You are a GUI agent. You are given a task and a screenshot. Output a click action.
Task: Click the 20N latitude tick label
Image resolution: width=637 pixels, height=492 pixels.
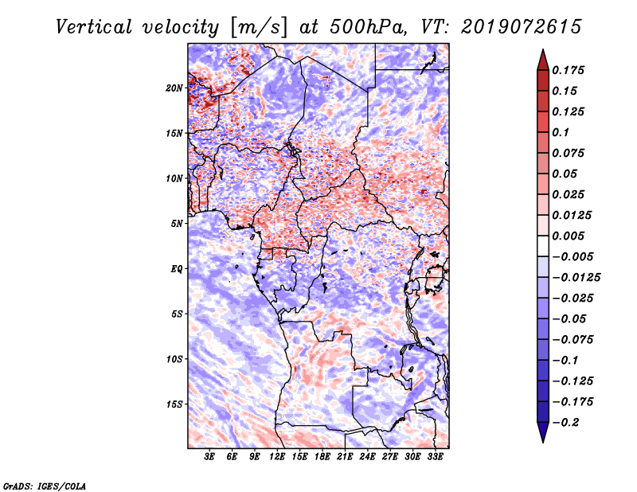pyautogui.click(x=174, y=88)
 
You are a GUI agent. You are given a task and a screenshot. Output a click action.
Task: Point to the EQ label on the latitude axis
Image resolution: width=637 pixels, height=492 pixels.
pyautogui.click(x=177, y=269)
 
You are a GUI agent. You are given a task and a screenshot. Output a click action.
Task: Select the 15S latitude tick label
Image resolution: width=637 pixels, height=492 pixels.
pyautogui.click(x=174, y=404)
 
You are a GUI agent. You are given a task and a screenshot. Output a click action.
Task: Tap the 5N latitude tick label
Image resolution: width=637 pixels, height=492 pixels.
pyautogui.click(x=177, y=224)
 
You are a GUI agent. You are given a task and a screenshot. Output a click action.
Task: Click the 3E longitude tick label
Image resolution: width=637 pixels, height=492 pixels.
pyautogui.click(x=209, y=457)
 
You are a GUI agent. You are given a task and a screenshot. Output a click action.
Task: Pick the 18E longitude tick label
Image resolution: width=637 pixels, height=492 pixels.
pyautogui.click(x=322, y=457)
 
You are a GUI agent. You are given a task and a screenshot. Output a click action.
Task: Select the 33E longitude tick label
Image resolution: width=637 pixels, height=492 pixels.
pyautogui.click(x=435, y=457)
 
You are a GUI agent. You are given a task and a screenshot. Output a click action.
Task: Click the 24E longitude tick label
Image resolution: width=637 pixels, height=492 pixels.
pyautogui.click(x=367, y=457)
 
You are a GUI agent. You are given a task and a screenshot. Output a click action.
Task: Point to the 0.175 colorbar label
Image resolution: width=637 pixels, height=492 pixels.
pyautogui.click(x=569, y=70)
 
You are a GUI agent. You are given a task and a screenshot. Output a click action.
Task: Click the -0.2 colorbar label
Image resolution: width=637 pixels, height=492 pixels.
pyautogui.click(x=565, y=423)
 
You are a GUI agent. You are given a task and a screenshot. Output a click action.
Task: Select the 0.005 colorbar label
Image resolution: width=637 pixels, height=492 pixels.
pyautogui.click(x=569, y=236)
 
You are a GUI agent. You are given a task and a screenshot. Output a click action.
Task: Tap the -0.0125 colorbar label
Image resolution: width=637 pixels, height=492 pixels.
pyautogui.click(x=576, y=278)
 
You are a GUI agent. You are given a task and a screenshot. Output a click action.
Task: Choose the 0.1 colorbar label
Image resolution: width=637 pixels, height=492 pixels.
pyautogui.click(x=561, y=132)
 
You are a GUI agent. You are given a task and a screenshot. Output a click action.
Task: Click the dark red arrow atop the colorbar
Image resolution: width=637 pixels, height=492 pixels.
pyautogui.click(x=543, y=60)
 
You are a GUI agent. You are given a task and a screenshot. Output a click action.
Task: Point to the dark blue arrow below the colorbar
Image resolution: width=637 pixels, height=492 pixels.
pyautogui.click(x=543, y=432)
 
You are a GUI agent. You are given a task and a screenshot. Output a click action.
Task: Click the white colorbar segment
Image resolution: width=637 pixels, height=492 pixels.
pyautogui.click(x=543, y=246)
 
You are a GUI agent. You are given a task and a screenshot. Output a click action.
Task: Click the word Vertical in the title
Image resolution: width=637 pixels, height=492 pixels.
pyautogui.click(x=94, y=27)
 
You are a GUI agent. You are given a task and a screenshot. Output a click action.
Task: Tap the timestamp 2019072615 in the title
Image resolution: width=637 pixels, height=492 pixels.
pyautogui.click(x=522, y=27)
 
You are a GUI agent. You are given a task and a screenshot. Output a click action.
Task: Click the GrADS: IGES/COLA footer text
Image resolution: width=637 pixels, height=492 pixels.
pyautogui.click(x=45, y=486)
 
